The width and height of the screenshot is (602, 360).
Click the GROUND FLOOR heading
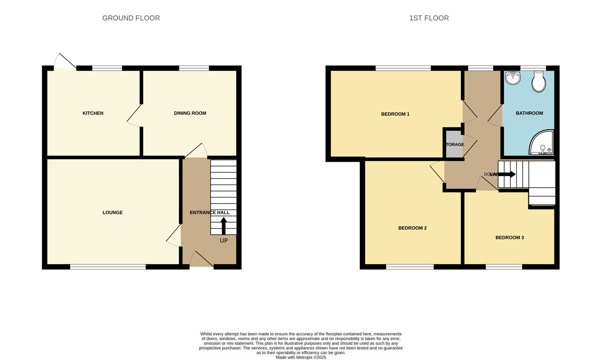coord(131,18)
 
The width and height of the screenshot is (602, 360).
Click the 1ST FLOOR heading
coord(429,18)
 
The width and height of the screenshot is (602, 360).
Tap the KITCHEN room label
coord(93,113)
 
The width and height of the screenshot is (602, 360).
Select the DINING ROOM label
coord(190,113)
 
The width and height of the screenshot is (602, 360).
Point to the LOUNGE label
coord(112,213)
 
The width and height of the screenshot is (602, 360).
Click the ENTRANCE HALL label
coord(210,213)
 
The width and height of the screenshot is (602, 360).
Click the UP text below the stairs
coord(224,241)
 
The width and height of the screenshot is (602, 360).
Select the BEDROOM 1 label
coord(395,114)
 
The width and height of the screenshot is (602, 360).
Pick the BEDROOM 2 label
coord(412,228)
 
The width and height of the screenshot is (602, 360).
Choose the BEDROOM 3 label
coord(510,238)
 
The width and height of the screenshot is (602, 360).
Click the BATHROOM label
coord(529,113)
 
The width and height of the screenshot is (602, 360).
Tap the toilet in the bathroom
coord(539,82)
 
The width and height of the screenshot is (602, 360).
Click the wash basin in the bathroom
coord(513,78)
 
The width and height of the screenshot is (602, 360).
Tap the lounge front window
coord(108,267)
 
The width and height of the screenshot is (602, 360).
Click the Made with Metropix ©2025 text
coord(301,357)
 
